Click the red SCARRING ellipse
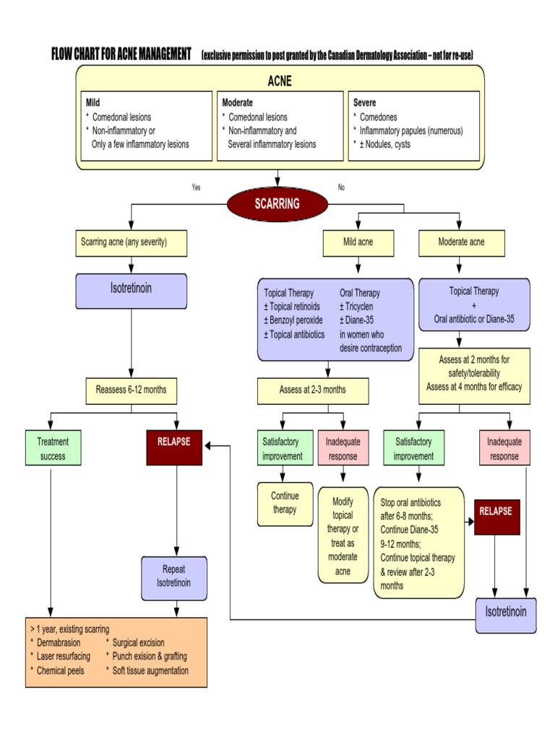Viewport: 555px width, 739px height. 277,204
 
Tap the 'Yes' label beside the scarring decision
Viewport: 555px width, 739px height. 196,188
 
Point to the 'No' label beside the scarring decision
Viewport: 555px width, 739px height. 341,188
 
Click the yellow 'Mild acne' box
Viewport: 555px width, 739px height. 358,242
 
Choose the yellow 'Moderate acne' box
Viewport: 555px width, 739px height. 461,242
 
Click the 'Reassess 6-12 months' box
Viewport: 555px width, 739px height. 131,390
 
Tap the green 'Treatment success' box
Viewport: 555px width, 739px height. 53,447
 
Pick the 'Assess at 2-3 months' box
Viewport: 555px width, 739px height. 312,390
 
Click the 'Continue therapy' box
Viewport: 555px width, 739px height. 285,503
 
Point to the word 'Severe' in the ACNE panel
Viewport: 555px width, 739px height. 364,103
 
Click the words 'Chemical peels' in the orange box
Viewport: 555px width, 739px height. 60,670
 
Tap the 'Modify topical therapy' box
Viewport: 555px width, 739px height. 343,535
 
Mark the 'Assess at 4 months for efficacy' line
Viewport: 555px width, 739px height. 473,386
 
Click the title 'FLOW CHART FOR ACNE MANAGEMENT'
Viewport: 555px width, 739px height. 121,55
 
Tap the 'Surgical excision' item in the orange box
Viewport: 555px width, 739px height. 138,642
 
